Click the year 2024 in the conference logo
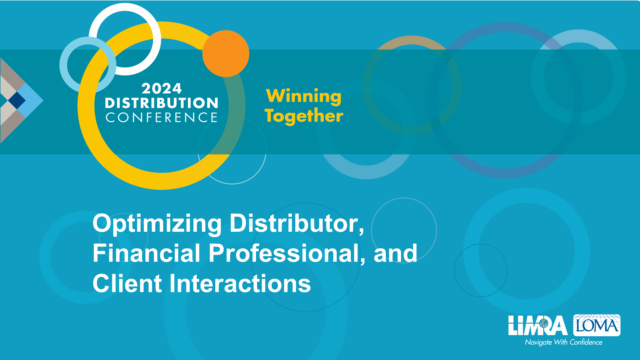point(162,89)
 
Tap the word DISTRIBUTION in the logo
point(162,103)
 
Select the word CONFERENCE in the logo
point(162,117)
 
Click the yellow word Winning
point(304,97)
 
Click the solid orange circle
point(226,54)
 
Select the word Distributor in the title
point(297,223)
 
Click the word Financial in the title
point(146,253)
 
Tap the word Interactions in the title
point(240,283)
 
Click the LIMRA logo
point(538,325)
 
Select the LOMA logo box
point(597,325)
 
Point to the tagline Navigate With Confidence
point(564,342)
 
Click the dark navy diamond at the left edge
point(17,100)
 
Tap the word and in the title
point(395,253)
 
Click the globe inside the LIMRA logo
point(544,323)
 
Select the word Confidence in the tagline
point(586,342)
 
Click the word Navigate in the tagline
point(538,343)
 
